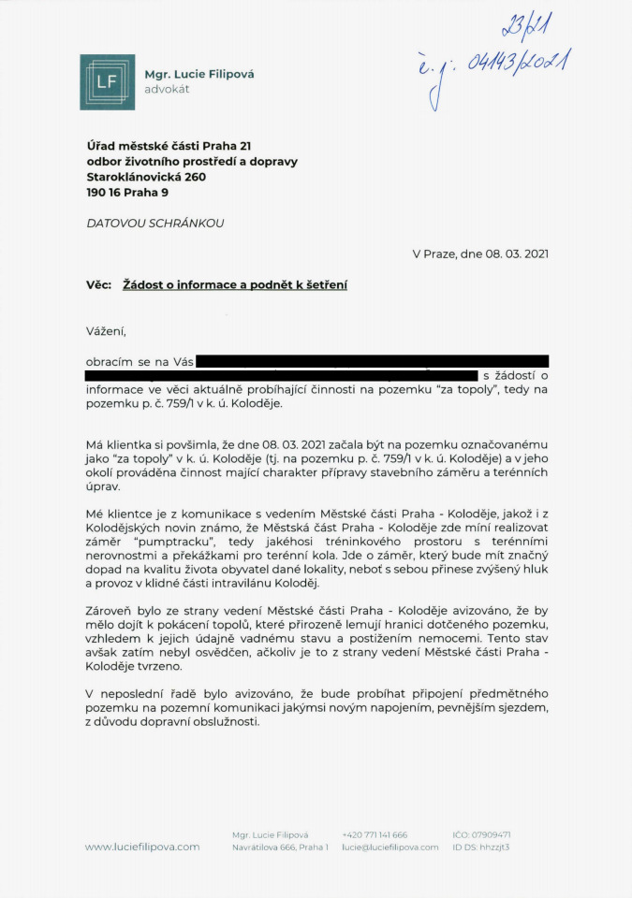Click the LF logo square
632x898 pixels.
(x=108, y=82)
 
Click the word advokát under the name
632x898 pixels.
(x=167, y=90)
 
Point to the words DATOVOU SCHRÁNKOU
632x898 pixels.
(x=154, y=224)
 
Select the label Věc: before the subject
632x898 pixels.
(x=99, y=284)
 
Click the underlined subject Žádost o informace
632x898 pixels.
(x=188, y=284)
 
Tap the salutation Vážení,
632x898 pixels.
(x=105, y=330)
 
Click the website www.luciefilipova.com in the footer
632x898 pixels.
(x=141, y=847)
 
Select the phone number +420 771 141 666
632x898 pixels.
(x=375, y=834)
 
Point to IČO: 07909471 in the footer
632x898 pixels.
(x=480, y=834)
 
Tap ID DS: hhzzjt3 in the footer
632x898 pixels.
(x=480, y=847)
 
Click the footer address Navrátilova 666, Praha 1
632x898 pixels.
(x=280, y=847)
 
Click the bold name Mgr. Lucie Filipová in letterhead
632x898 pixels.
(x=198, y=74)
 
